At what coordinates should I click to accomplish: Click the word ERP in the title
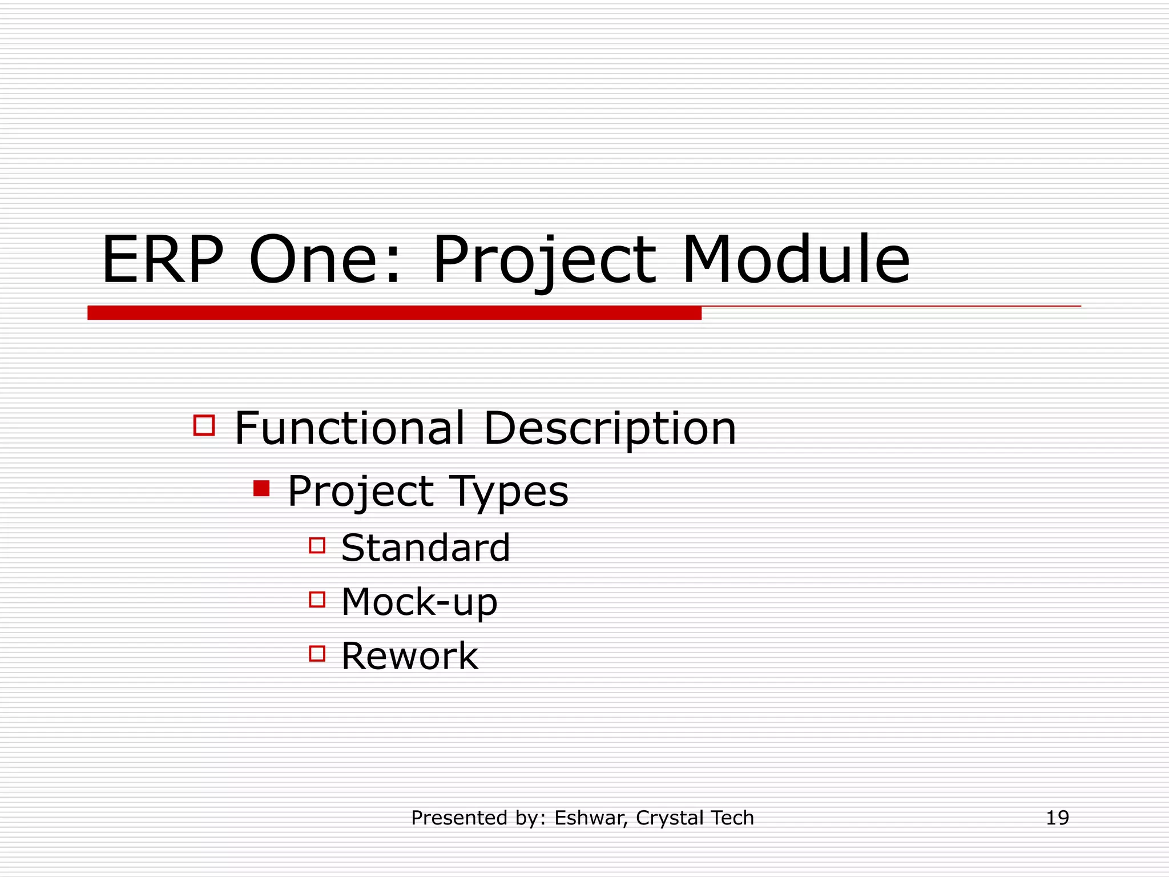162,260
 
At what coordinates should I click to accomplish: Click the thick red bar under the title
394,313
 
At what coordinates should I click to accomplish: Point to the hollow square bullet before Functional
204,425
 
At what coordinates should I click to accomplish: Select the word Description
610,429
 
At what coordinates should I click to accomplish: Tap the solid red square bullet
261,489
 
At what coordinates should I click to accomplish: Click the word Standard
425,548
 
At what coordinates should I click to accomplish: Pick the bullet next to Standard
317,545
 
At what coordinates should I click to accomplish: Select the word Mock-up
419,602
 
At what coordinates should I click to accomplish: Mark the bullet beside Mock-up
317,600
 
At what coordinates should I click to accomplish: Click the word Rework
409,656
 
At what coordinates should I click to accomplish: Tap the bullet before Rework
317,653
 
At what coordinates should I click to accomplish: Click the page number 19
1057,818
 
